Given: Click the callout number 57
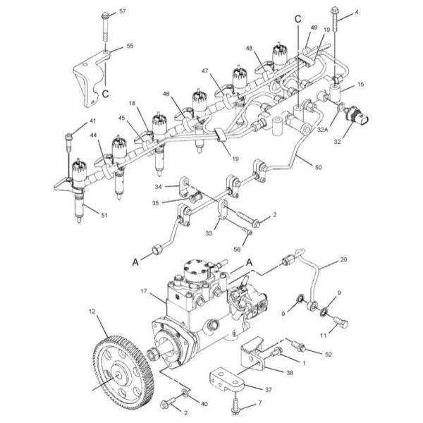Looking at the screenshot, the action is (x=123, y=11).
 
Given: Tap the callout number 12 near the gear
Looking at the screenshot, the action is (x=92, y=312).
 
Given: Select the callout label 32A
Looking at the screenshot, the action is (x=322, y=130).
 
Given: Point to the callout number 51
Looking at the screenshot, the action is (x=104, y=215).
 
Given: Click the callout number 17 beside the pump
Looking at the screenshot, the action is (x=144, y=291).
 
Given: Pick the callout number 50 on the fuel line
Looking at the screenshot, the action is (x=319, y=167).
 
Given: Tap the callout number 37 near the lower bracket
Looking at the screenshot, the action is (x=269, y=390).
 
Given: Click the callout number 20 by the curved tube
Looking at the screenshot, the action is (x=343, y=259).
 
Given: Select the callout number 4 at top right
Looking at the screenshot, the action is (x=357, y=12).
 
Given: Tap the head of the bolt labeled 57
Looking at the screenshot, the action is (x=105, y=16).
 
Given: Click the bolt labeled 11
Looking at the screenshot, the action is (x=341, y=322).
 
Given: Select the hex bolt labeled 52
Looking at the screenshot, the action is (x=298, y=347).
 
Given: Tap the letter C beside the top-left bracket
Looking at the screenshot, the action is (x=105, y=94).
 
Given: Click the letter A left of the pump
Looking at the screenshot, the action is (x=135, y=262).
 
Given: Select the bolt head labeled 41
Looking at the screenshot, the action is (x=68, y=137).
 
